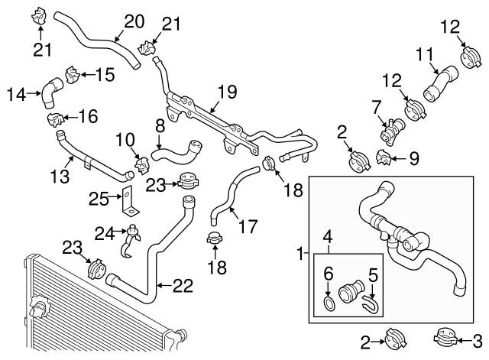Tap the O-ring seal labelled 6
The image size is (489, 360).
click(328, 305)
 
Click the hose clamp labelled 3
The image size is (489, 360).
click(445, 336)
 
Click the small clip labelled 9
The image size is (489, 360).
click(386, 159)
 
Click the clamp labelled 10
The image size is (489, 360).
click(141, 163)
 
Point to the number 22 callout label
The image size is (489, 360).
click(182, 285)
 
